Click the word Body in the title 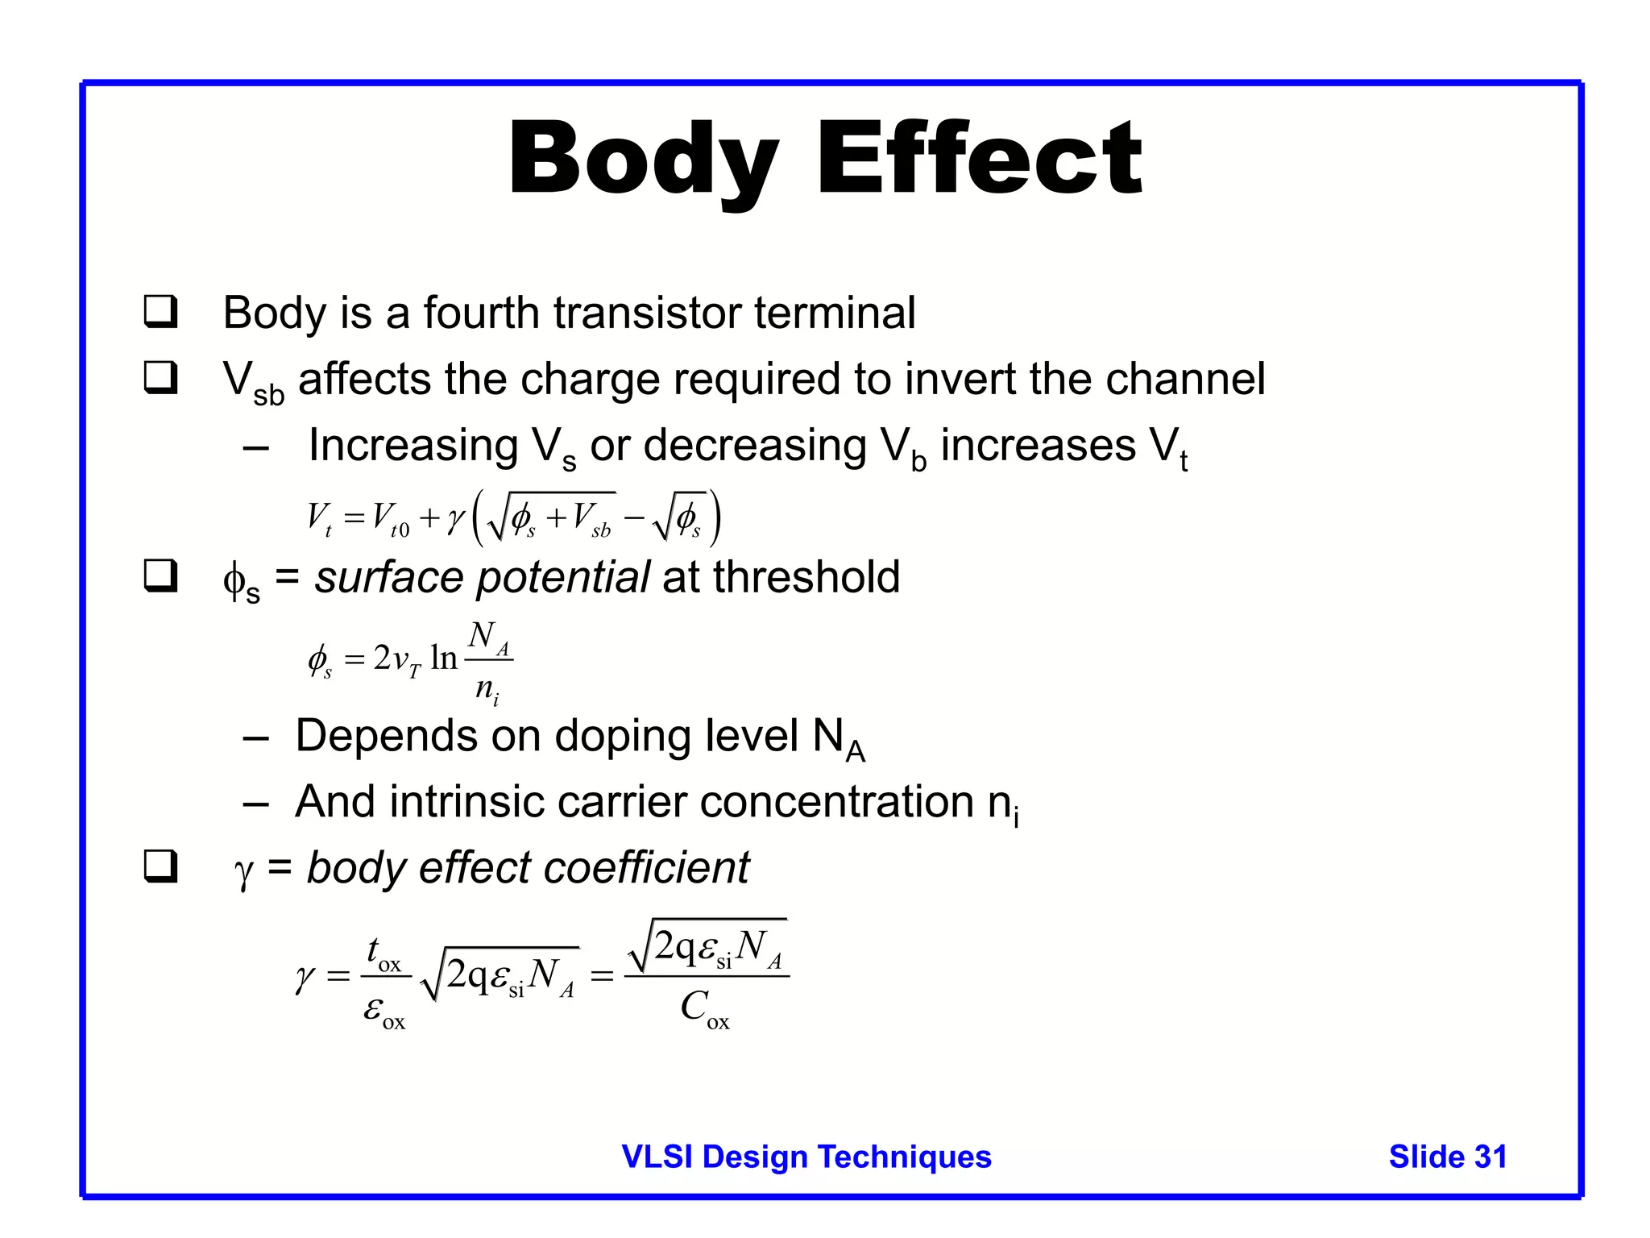click(x=643, y=161)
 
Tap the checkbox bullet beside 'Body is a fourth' click(x=160, y=312)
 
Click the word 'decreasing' click(x=754, y=446)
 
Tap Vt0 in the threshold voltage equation click(x=390, y=519)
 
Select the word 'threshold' click(x=806, y=577)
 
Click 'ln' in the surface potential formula click(x=443, y=658)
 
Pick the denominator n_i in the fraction click(x=487, y=690)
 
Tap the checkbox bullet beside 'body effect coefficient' click(x=160, y=867)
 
